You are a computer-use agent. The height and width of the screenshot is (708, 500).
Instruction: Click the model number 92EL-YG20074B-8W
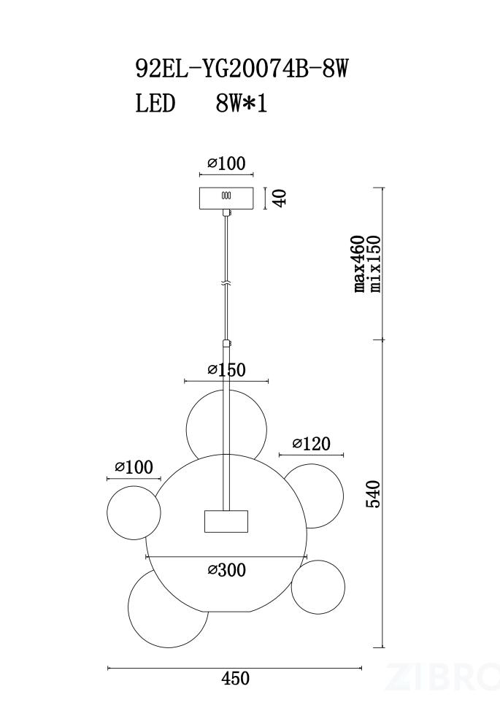click(x=242, y=69)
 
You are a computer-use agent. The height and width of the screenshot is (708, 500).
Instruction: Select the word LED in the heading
click(x=155, y=104)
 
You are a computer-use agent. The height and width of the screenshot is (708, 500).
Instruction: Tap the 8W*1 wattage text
click(x=242, y=104)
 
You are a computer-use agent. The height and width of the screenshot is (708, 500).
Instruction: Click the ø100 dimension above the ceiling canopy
click(x=227, y=163)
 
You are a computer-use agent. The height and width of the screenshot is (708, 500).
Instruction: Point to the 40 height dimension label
click(x=280, y=198)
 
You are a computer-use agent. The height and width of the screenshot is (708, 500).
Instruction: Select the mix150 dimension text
click(x=375, y=263)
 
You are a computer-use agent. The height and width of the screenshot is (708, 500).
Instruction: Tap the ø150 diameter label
click(x=227, y=370)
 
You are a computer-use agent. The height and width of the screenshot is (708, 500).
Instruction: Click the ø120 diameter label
click(x=311, y=443)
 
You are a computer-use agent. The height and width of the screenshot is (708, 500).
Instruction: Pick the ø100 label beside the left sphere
click(x=134, y=467)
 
